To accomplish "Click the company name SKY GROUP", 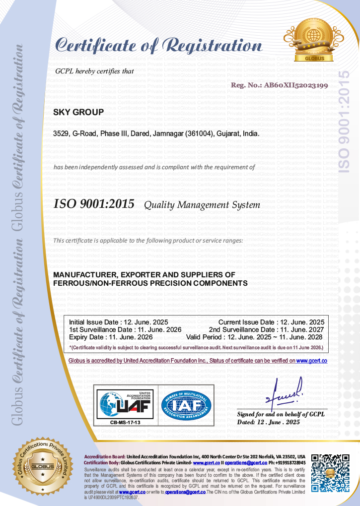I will point(78,112).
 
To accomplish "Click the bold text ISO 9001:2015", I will point(93,204).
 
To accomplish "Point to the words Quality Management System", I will point(202,205).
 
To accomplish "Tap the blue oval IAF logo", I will point(186,404).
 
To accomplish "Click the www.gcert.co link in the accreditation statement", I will point(311,361).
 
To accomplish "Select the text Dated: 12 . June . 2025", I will point(269,422).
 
